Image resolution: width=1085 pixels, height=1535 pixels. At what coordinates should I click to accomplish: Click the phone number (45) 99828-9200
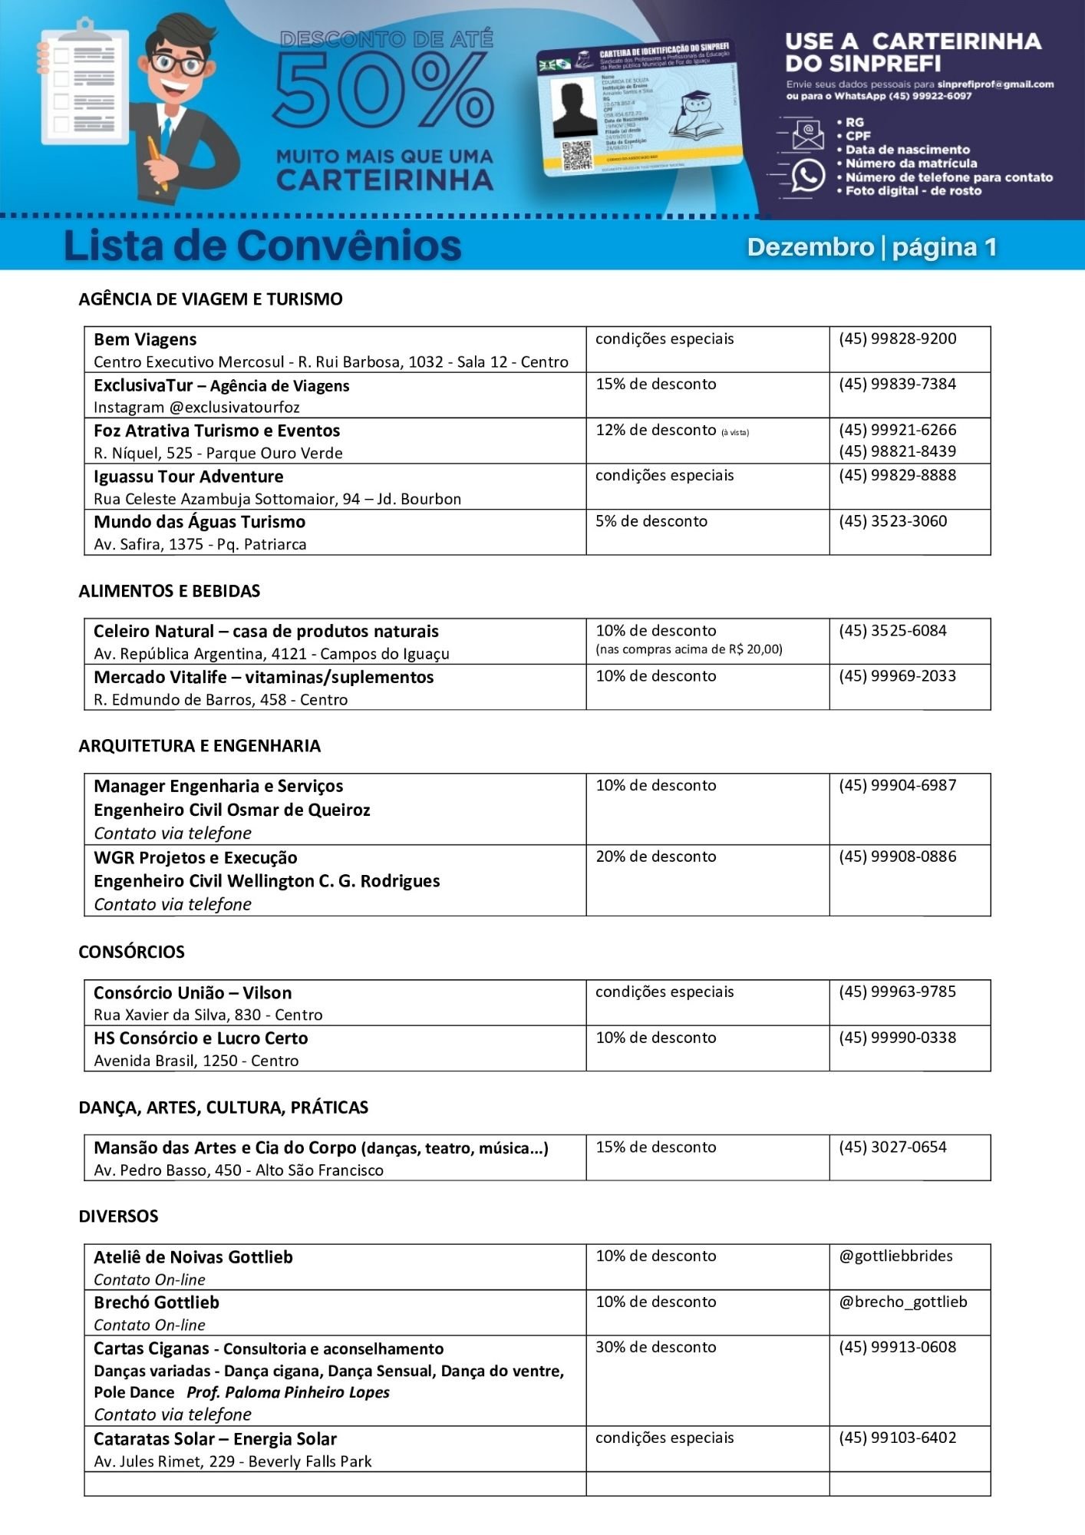(x=897, y=338)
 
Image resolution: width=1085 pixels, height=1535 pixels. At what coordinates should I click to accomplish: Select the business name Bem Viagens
(x=145, y=339)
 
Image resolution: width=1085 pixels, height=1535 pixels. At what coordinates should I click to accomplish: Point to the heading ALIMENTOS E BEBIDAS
(x=170, y=590)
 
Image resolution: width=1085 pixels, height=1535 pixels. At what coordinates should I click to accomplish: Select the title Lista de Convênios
(x=262, y=246)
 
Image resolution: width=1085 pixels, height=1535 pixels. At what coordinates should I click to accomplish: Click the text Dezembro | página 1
(x=872, y=246)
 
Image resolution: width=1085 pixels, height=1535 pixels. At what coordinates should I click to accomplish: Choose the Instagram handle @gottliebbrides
(x=895, y=1256)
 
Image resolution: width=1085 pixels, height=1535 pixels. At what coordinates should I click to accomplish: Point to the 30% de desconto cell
(x=656, y=1347)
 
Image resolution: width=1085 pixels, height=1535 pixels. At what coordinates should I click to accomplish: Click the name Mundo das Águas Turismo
(x=200, y=522)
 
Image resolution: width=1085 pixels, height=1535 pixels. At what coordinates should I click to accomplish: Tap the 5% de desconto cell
(x=651, y=521)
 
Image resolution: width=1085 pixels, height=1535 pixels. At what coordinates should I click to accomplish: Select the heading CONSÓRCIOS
(x=131, y=952)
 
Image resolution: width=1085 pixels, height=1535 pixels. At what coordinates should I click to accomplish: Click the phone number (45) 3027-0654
(x=892, y=1147)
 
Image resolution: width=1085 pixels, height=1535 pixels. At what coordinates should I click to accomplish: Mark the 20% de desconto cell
(x=656, y=857)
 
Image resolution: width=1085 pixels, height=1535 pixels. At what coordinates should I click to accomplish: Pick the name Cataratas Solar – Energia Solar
(x=215, y=1439)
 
